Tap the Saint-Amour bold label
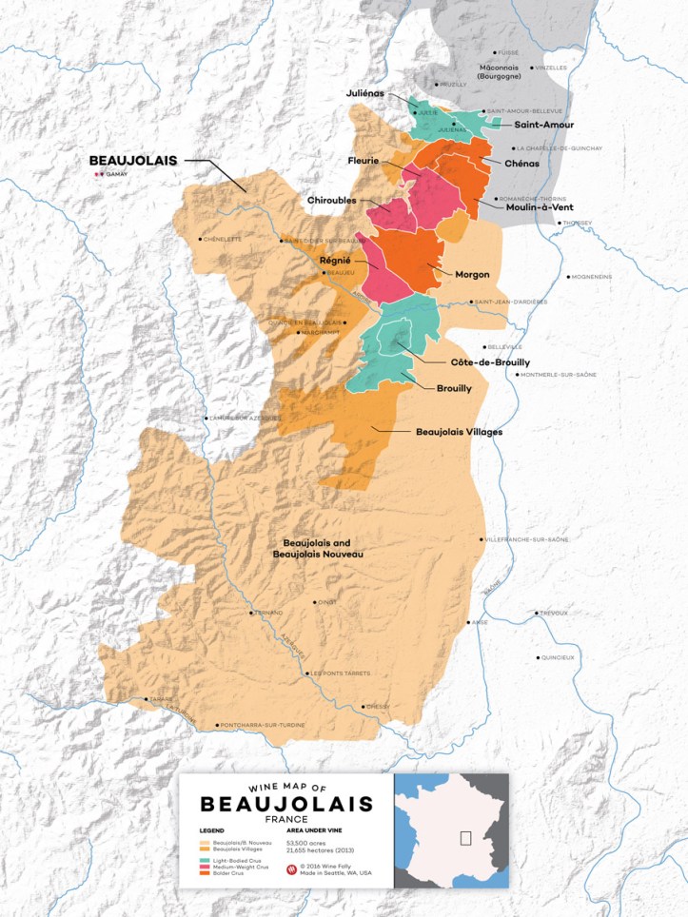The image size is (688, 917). [543, 125]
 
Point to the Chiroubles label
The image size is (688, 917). [333, 201]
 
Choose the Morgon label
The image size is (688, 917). [472, 274]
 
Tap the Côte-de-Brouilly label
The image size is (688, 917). [489, 362]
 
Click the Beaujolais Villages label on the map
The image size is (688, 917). [459, 432]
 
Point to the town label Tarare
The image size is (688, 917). [160, 700]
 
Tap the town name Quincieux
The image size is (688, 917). [558, 657]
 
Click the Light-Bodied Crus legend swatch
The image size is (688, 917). [204, 860]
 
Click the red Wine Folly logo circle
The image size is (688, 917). [291, 868]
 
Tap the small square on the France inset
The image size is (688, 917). [465, 837]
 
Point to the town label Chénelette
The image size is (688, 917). [224, 240]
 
